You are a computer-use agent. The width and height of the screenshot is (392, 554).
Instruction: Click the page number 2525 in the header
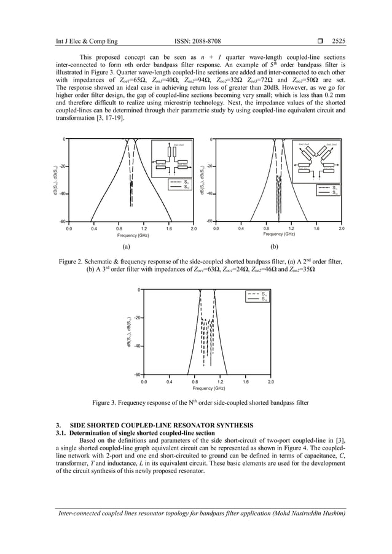point(339,42)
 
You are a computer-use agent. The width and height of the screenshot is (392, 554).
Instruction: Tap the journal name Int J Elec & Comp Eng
point(83,42)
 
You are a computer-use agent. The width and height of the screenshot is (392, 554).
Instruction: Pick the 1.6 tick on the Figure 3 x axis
point(246,381)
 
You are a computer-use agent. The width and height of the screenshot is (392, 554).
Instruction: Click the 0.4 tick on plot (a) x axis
point(93,228)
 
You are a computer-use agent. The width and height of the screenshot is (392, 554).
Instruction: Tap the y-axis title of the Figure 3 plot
point(129,332)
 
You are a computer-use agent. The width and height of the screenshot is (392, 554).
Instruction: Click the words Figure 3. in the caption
point(106,402)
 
